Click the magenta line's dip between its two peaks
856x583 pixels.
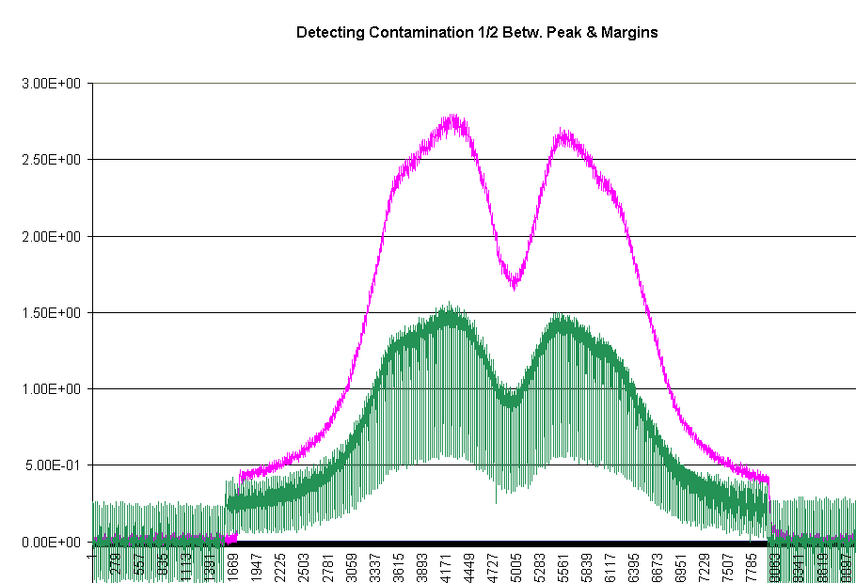pos(514,282)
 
